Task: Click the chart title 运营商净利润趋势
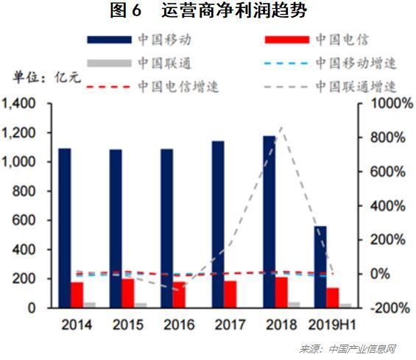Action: tap(208, 11)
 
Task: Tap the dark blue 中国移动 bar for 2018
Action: tap(269, 221)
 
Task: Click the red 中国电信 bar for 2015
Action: tap(128, 293)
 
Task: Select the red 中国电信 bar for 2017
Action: tap(230, 294)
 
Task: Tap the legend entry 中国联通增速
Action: tap(356, 86)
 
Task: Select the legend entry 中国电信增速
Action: tap(178, 86)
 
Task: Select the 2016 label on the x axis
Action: tap(178, 325)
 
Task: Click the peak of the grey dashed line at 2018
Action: tap(282, 128)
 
